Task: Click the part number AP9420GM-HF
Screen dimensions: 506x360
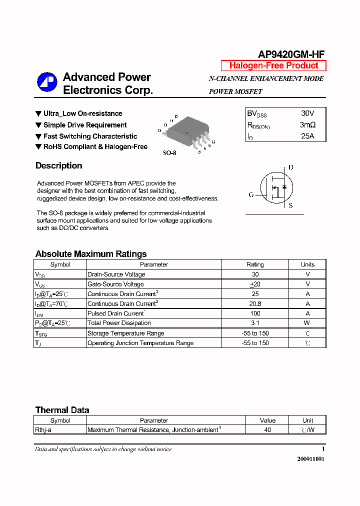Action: point(291,55)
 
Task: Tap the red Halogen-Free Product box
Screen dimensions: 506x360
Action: point(273,65)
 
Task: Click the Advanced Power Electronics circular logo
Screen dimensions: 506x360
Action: point(47,82)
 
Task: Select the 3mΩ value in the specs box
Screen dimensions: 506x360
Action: point(307,124)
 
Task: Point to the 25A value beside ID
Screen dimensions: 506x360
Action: point(307,135)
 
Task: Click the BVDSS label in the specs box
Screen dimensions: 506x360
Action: point(257,114)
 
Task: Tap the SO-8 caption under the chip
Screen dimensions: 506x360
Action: point(169,153)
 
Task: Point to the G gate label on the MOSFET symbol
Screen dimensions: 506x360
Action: point(251,194)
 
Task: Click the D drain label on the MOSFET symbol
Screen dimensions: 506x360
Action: point(290,167)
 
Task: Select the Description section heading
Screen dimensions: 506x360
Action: point(58,165)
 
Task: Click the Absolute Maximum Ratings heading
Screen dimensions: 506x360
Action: point(91,254)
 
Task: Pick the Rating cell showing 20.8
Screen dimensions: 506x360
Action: point(255,303)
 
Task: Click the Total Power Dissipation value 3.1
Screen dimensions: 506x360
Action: point(255,323)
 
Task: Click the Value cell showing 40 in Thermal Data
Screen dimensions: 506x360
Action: point(267,429)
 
